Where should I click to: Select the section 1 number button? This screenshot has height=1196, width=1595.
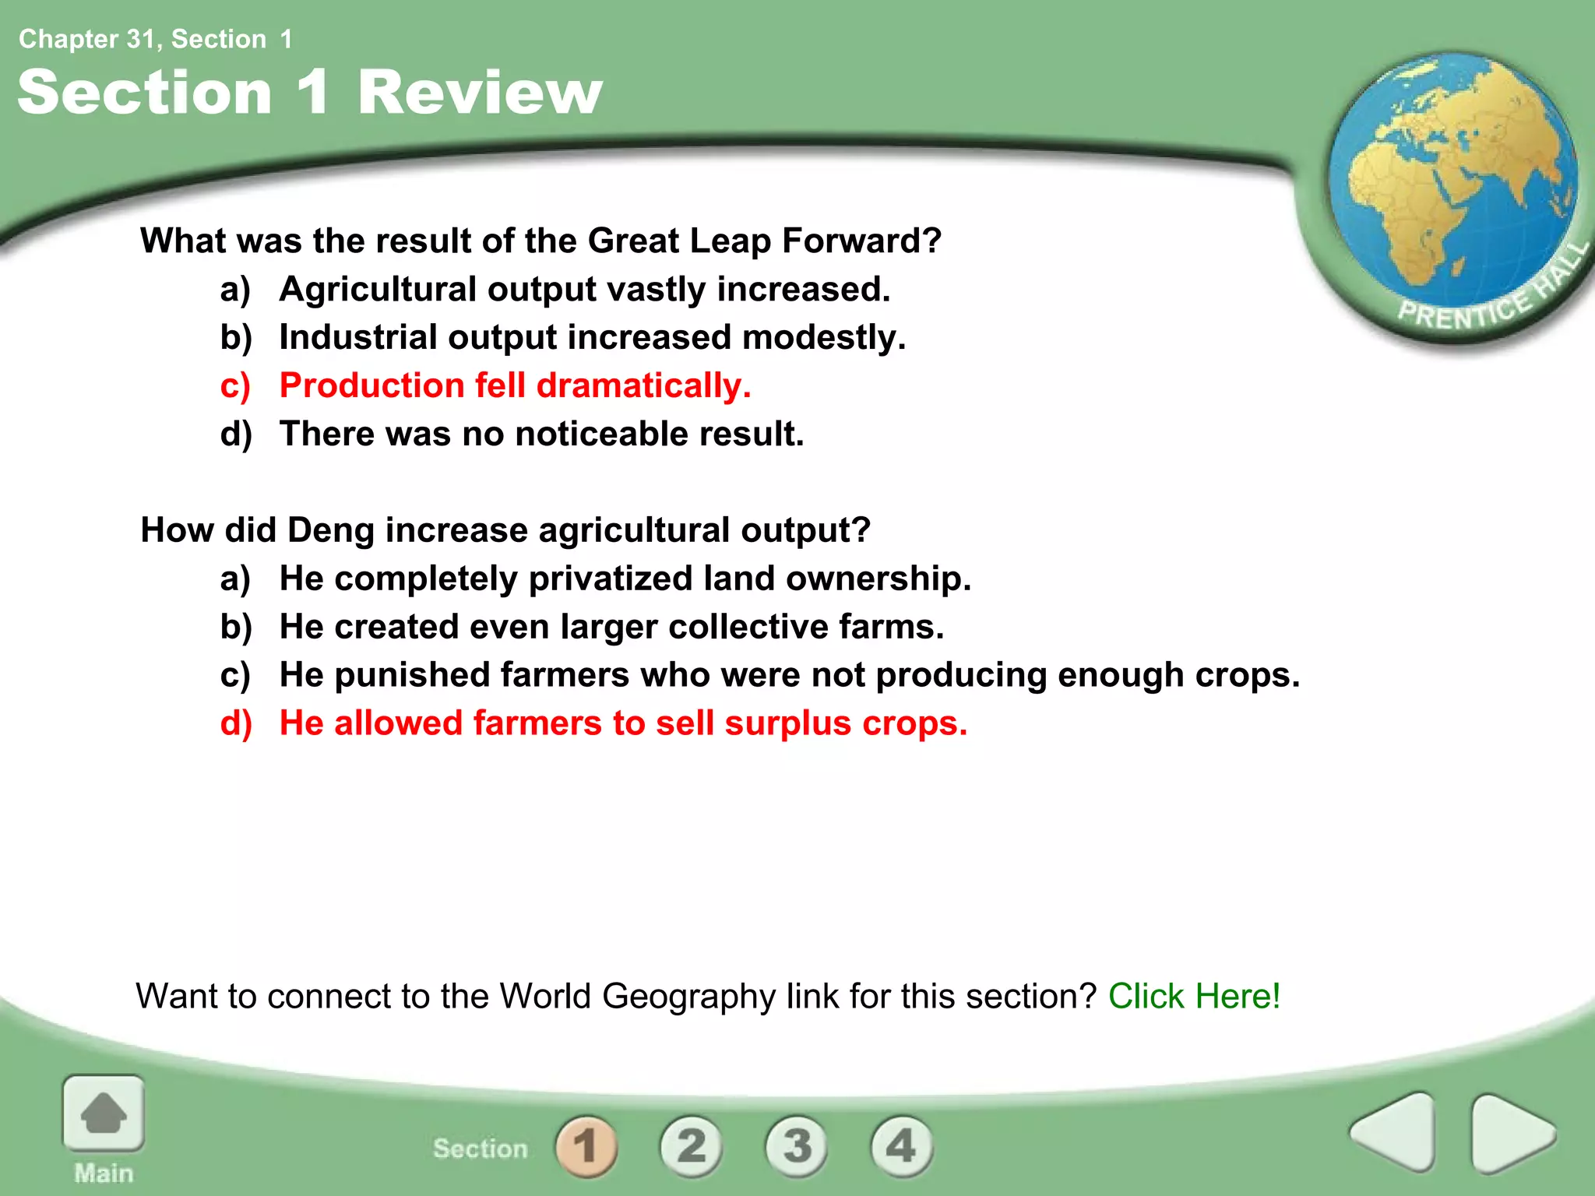(x=586, y=1145)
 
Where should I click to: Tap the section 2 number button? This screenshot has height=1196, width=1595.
(x=691, y=1145)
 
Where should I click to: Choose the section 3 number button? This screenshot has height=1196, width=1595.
(x=797, y=1145)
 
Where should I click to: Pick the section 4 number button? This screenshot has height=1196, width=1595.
(x=901, y=1145)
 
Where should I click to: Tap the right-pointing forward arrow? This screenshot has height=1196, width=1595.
(x=1511, y=1133)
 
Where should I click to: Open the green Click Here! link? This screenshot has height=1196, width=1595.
(x=1194, y=996)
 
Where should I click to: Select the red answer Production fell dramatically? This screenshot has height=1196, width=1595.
(x=515, y=385)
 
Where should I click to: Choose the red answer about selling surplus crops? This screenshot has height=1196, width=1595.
(x=623, y=723)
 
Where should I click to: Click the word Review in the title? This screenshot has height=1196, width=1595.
(x=480, y=93)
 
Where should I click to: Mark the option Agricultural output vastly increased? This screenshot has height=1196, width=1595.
(x=584, y=290)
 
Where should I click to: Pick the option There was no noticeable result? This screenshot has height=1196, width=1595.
(x=541, y=434)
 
